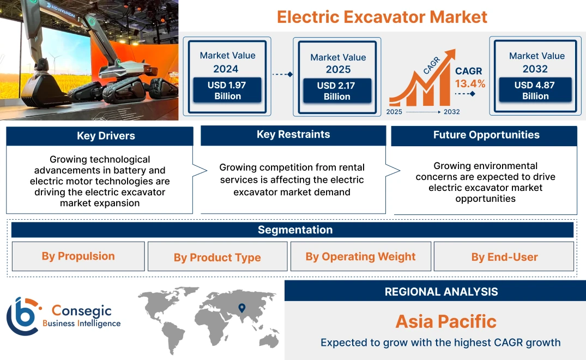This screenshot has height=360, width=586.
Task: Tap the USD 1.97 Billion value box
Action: click(227, 91)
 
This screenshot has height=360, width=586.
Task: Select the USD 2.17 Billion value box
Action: click(337, 91)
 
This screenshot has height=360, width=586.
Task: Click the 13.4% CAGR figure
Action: click(470, 83)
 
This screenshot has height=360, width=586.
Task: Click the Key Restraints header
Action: click(293, 135)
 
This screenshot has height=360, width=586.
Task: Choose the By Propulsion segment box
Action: click(78, 256)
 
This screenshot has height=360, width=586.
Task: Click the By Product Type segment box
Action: click(217, 257)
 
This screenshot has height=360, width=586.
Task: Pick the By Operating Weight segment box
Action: click(360, 256)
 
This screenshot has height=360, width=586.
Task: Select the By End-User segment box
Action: click(504, 257)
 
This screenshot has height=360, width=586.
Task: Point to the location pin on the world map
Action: click(242, 308)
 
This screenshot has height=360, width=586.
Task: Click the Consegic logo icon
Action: click(22, 316)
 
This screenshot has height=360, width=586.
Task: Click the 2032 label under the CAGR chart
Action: click(451, 112)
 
